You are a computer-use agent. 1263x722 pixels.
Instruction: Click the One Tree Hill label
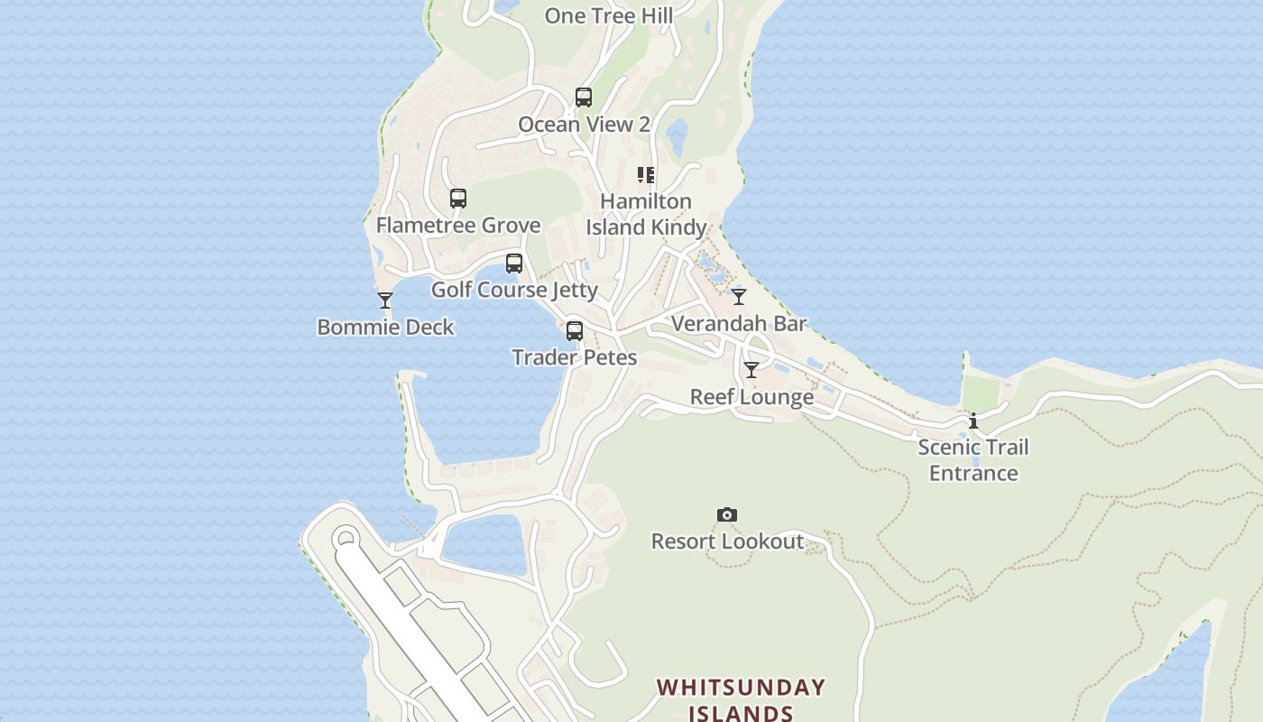[609, 15]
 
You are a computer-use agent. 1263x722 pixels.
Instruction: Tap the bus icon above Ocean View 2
[584, 97]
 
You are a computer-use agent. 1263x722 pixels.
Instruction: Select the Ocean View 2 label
[584, 125]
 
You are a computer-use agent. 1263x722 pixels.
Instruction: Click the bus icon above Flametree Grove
[458, 199]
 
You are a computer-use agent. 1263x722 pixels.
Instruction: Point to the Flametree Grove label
[458, 225]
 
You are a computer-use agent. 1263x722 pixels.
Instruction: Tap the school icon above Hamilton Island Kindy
[646, 175]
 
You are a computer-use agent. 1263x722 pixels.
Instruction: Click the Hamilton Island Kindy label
[646, 214]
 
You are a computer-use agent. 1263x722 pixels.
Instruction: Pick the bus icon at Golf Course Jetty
[514, 264]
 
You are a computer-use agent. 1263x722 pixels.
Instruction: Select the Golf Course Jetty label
[514, 290]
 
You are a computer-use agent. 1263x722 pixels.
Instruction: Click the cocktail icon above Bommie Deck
[385, 301]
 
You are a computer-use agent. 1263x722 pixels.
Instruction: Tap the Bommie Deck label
[385, 327]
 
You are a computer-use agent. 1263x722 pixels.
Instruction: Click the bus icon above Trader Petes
[575, 331]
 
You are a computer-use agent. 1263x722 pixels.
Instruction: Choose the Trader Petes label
[575, 357]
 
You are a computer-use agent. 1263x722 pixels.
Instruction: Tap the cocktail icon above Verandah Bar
[739, 297]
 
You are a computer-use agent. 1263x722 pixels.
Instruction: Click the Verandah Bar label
[739, 323]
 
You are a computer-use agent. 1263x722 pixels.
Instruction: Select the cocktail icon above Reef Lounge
[751, 370]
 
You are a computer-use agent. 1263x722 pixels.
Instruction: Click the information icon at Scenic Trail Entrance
[973, 421]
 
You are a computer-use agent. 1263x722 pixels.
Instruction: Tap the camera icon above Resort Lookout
[727, 515]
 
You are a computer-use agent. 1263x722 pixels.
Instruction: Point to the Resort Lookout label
[727, 541]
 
